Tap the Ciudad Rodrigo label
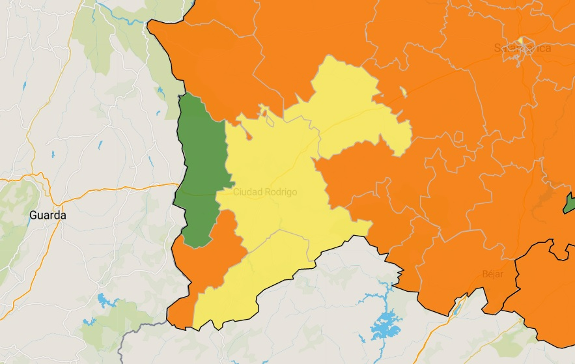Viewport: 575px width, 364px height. pos(265,192)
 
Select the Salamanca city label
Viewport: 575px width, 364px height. pos(522,48)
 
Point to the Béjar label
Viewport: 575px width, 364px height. pos(493,273)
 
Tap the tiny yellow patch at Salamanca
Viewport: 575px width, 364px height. pos(521,41)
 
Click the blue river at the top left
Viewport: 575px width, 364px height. pos(117,16)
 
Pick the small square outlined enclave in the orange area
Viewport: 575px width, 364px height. pos(459,137)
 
